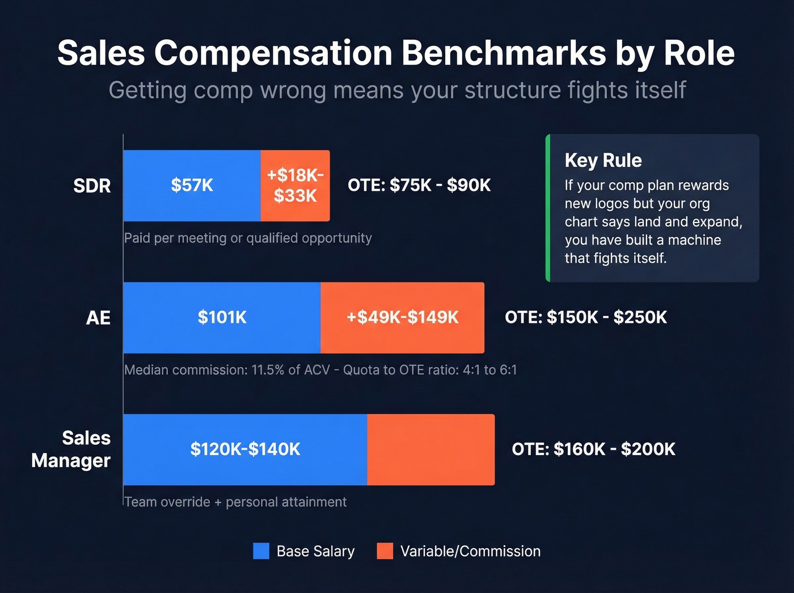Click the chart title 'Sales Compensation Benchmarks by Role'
pos(396,53)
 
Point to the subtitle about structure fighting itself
pos(397,90)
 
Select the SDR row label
pos(92,186)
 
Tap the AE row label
pos(98,318)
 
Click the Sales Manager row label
pos(71,449)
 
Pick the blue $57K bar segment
pos(192,186)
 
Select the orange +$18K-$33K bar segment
pos(295,186)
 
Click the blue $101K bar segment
pos(222,317)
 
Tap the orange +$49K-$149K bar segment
pos(402,317)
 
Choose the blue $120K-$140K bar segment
pos(245,449)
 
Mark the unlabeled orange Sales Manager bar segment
pos(431,449)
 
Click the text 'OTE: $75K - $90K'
pos(419,186)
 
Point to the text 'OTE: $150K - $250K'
pos(586,317)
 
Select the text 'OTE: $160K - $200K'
pos(593,449)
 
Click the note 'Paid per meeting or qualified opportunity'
pos(248,238)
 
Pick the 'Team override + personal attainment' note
pos(235,502)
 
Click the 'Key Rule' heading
pos(603,161)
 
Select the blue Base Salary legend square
pos(261,551)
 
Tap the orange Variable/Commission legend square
pos(385,551)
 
